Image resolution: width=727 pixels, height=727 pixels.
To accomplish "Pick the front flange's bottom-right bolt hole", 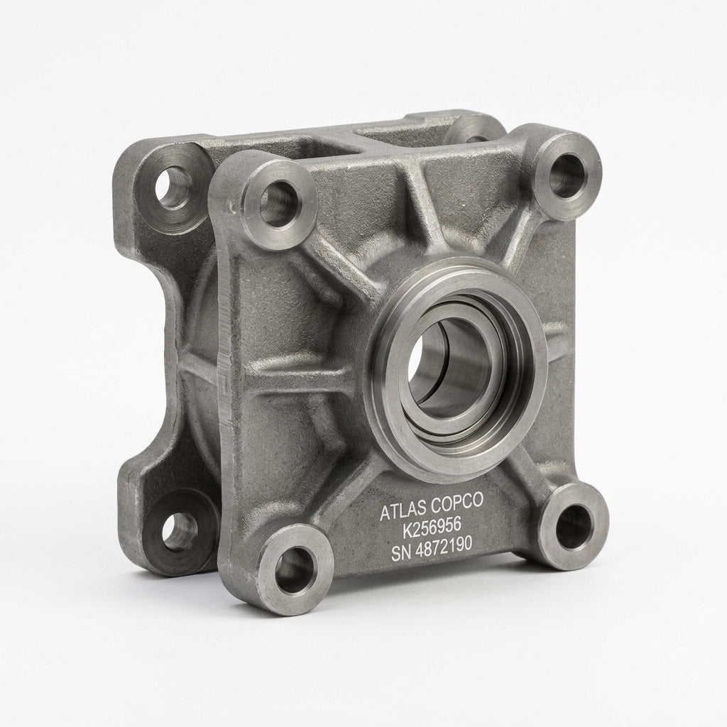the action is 572,525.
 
